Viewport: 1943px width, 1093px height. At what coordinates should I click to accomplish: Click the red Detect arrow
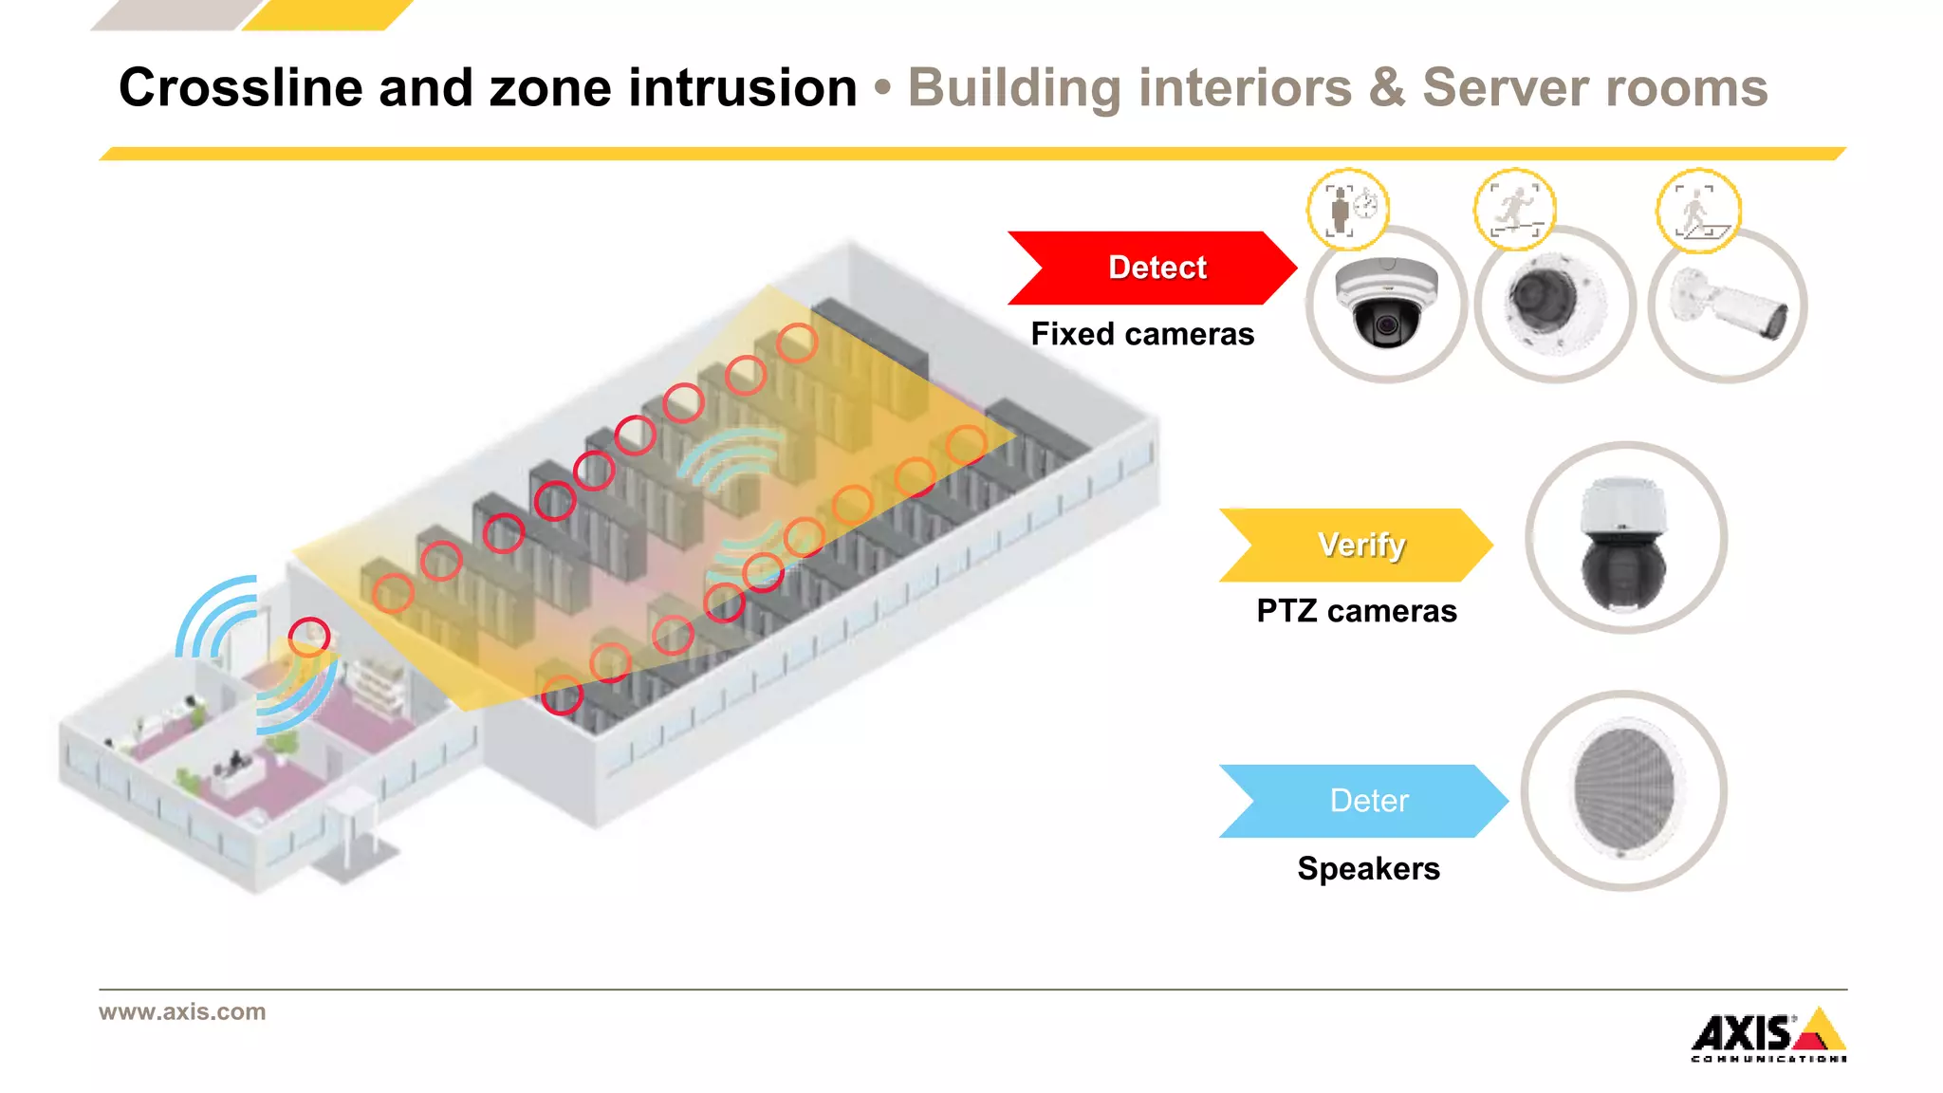pos(1153,268)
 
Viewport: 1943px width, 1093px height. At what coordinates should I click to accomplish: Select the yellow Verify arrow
pos(1357,545)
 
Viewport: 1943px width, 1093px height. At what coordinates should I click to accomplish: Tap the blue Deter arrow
pos(1364,801)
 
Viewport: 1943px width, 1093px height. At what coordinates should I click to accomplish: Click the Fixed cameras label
pos(1142,334)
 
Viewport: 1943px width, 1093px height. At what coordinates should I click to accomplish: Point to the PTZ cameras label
pos(1356,611)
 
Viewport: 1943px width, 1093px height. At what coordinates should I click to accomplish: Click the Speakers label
pos(1368,868)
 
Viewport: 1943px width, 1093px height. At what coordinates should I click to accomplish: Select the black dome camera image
pos(1386,304)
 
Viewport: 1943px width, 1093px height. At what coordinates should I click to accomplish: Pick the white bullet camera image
pos(1729,306)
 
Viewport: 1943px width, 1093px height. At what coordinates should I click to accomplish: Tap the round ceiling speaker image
pos(1624,789)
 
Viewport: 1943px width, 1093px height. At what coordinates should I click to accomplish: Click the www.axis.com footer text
pos(182,1011)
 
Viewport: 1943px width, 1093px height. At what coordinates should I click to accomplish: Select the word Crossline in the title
pos(241,87)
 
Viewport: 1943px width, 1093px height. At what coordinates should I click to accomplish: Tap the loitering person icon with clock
pos(1348,209)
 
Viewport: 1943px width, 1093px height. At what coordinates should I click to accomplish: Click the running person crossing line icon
pos(1514,209)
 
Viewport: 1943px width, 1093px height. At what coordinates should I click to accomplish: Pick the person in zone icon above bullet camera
pos(1698,211)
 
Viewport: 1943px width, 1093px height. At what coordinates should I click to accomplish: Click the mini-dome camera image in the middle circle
pos(1554,304)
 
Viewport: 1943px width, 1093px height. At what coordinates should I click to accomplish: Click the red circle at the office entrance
pos(309,637)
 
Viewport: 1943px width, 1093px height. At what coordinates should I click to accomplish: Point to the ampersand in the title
pos(1387,87)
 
